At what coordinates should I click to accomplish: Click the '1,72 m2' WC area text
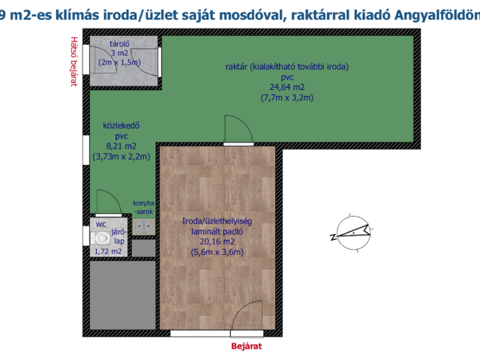[x=108, y=252]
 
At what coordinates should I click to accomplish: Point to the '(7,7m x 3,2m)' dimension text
[x=286, y=97]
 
